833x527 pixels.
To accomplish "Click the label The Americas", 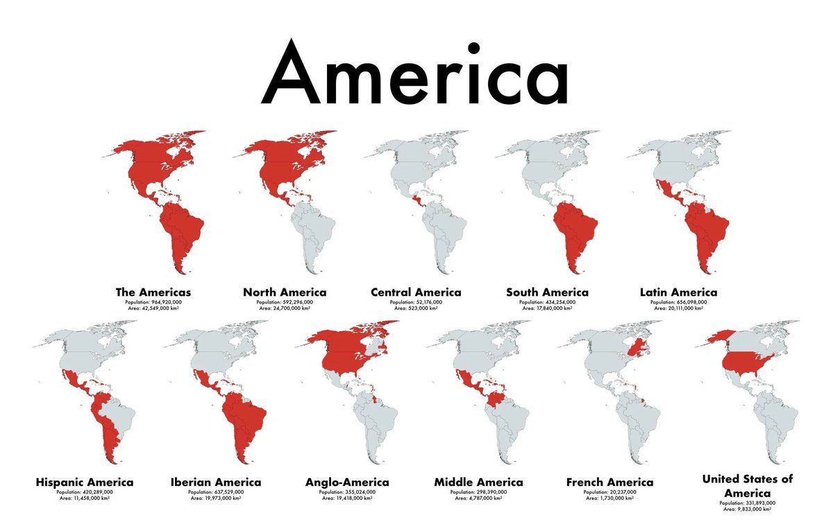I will (153, 292).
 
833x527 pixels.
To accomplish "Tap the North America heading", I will (285, 292).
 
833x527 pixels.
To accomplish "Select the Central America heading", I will (416, 292).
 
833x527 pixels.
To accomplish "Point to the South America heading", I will (547, 292).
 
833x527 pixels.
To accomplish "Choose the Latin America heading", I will (678, 292).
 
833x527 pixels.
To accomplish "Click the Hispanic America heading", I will (84, 482).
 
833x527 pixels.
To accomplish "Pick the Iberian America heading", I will (216, 482).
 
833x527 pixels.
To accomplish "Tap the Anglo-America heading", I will (347, 482).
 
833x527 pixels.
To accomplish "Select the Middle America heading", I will (478, 482).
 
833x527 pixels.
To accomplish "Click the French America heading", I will (609, 482).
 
